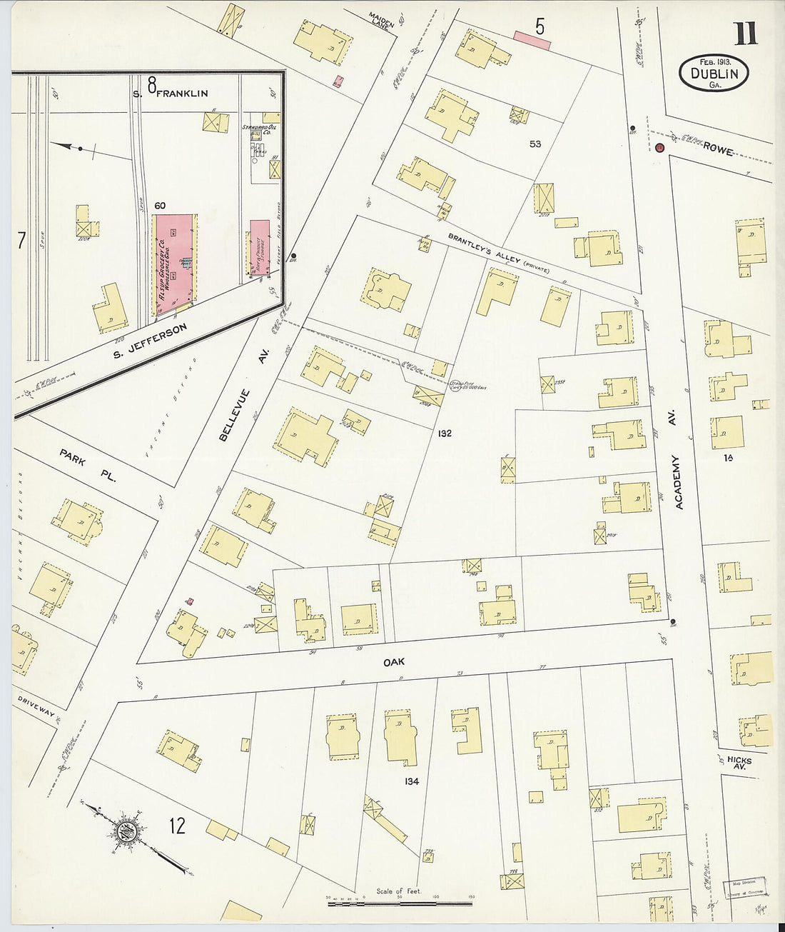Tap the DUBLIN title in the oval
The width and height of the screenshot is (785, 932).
[x=714, y=73]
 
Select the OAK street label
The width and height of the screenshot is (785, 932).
[x=394, y=662]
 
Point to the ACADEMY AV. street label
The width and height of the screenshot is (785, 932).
[x=679, y=482]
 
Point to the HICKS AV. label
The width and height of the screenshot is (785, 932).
[x=740, y=763]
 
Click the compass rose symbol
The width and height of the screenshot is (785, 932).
[x=128, y=831]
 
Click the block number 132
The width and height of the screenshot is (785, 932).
[x=445, y=434]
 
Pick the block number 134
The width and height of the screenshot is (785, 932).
[x=411, y=781]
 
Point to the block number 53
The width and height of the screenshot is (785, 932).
[x=535, y=144]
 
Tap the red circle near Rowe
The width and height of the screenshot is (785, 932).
[x=659, y=148]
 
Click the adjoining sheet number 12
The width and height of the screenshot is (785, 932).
[x=177, y=826]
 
